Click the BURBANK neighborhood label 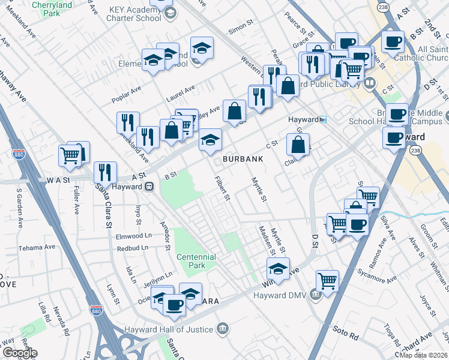[x=243, y=159]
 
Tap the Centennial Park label [x=196, y=261]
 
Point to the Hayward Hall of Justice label [x=169, y=329]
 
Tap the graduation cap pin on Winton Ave [x=278, y=268]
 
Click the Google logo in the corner [x=19, y=352]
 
